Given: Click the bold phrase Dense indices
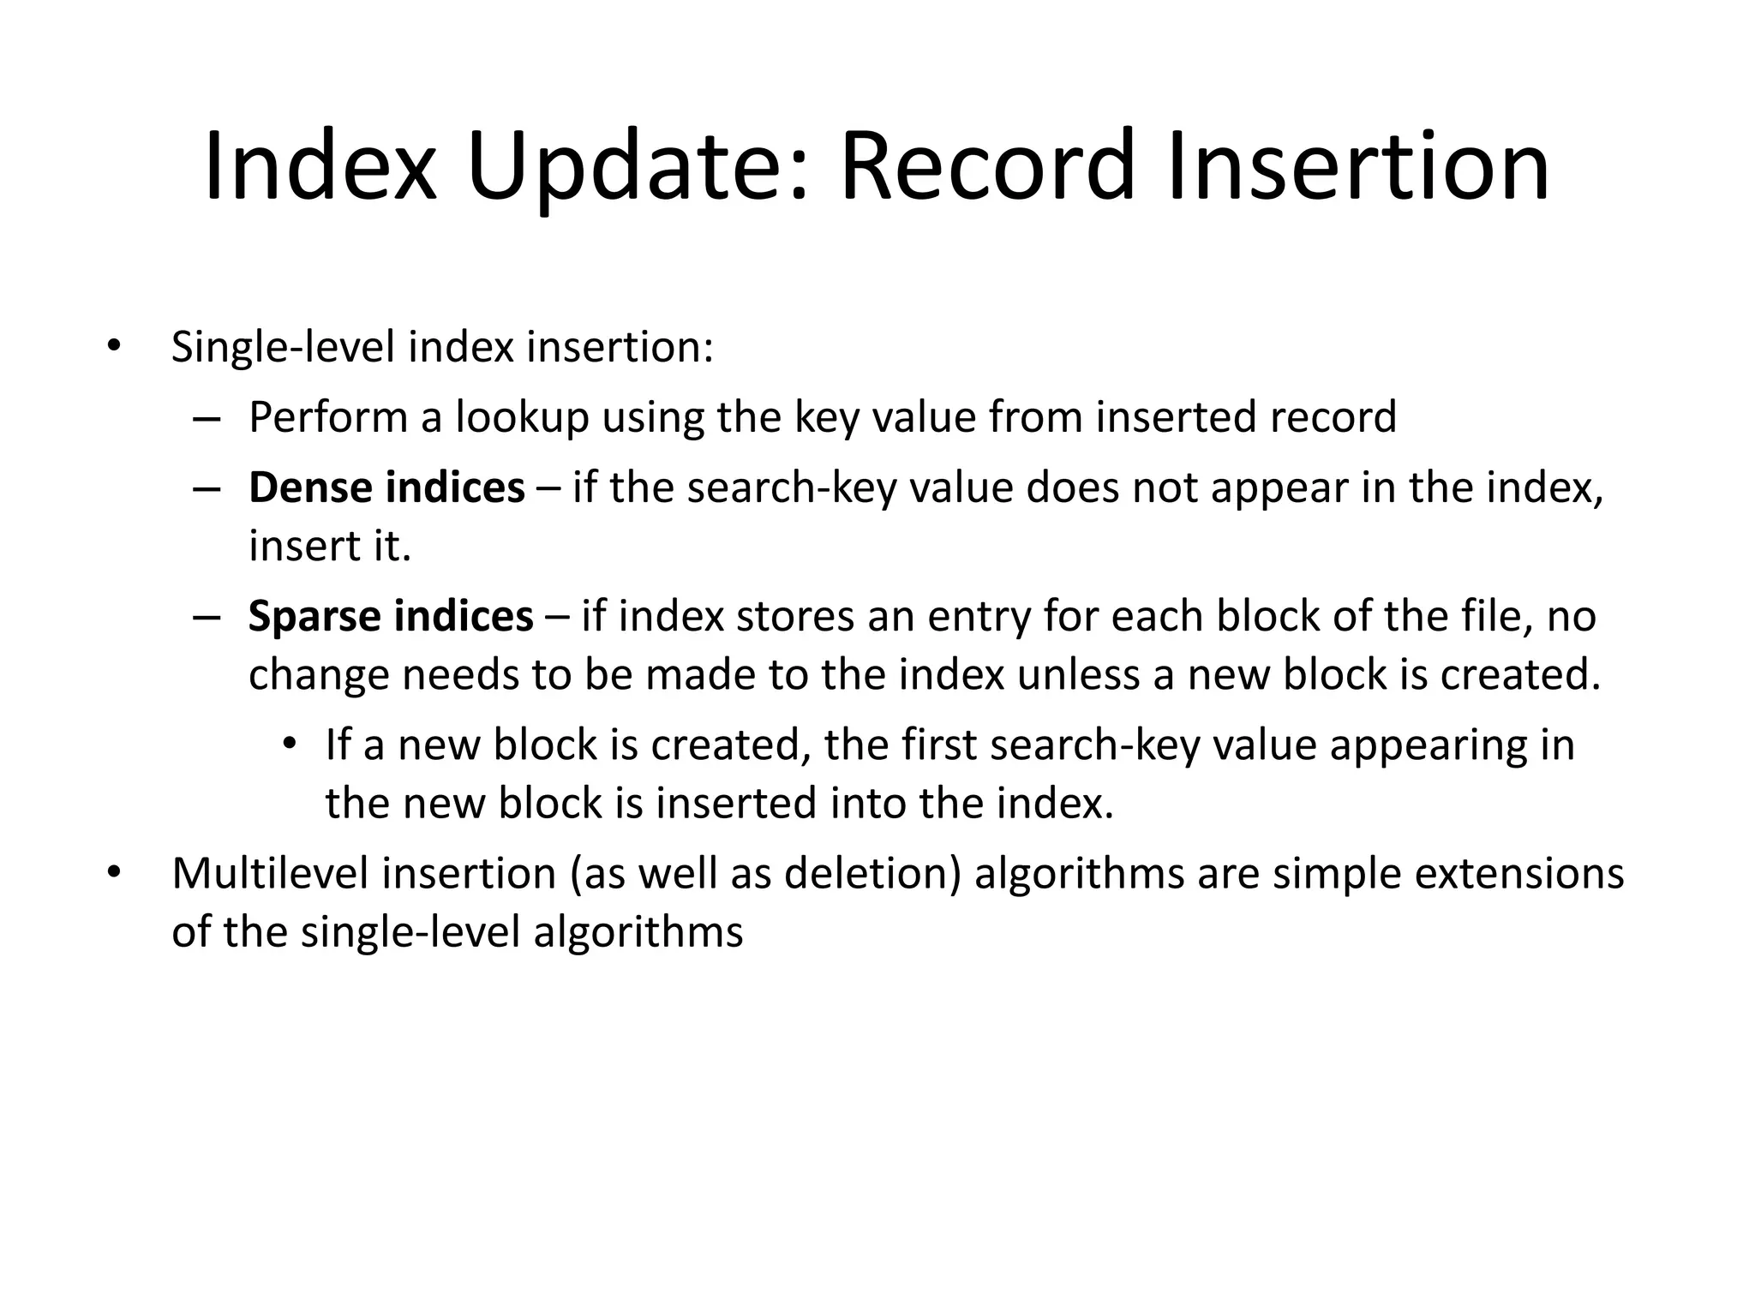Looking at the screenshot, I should click(x=386, y=488).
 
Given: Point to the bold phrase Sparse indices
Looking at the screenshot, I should click(x=391, y=617).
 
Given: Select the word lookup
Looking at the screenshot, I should click(x=522, y=418).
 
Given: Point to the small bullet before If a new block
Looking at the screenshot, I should click(x=289, y=744).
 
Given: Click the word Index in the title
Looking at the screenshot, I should click(x=319, y=167).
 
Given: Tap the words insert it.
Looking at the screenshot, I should click(x=330, y=547).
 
